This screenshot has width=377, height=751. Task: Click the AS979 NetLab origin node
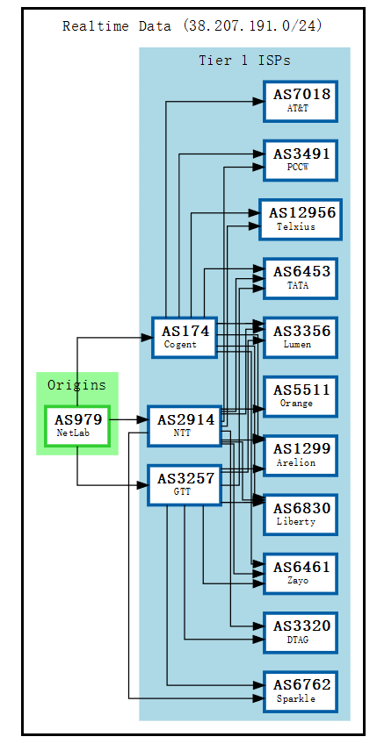[77, 426]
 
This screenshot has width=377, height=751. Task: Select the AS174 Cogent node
[185, 337]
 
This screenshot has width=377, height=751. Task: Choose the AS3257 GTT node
[185, 484]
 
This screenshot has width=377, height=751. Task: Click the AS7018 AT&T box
[300, 101]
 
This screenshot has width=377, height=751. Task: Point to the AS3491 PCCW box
[300, 160]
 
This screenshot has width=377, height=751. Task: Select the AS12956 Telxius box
[300, 218]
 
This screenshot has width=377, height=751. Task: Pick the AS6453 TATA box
[300, 278]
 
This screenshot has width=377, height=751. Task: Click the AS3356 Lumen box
[300, 337]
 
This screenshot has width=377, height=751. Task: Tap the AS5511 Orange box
[300, 396]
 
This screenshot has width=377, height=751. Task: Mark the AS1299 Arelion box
[300, 454]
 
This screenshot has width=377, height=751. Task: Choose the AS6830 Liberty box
[300, 513]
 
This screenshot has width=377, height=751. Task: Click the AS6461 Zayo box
[300, 573]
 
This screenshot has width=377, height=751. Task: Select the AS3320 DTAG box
[300, 632]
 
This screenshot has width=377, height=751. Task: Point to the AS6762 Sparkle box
[300, 690]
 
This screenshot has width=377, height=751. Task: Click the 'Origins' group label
[76, 385]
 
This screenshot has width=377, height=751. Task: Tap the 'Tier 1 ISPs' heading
[244, 61]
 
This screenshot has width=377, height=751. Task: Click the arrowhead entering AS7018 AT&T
[257, 102]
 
